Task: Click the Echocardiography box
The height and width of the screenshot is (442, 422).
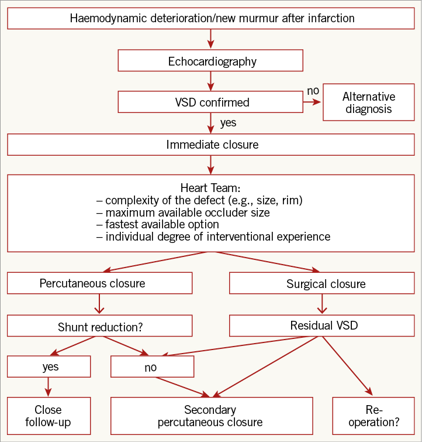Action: (x=210, y=61)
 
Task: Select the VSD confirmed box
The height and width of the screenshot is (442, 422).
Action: (x=210, y=102)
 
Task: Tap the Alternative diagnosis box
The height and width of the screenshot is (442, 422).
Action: (x=368, y=103)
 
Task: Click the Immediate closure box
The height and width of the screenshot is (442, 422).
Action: (x=210, y=144)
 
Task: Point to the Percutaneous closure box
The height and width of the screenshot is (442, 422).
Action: (x=100, y=283)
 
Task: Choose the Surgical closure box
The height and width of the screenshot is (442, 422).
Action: (x=326, y=284)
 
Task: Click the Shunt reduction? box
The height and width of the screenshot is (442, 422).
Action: (x=100, y=326)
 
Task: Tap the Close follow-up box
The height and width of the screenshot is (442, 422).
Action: (x=48, y=416)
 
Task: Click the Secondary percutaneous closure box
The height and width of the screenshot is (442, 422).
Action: (x=210, y=416)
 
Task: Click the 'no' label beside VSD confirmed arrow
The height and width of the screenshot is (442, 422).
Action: (x=313, y=91)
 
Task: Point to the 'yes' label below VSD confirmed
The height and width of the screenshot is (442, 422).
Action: (x=228, y=124)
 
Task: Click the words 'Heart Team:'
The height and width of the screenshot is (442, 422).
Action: (x=210, y=189)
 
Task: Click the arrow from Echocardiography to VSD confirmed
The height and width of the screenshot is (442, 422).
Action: (x=210, y=81)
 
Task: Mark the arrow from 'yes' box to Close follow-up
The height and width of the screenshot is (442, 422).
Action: (x=49, y=387)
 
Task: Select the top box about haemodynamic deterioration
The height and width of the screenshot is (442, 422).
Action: (x=210, y=18)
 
